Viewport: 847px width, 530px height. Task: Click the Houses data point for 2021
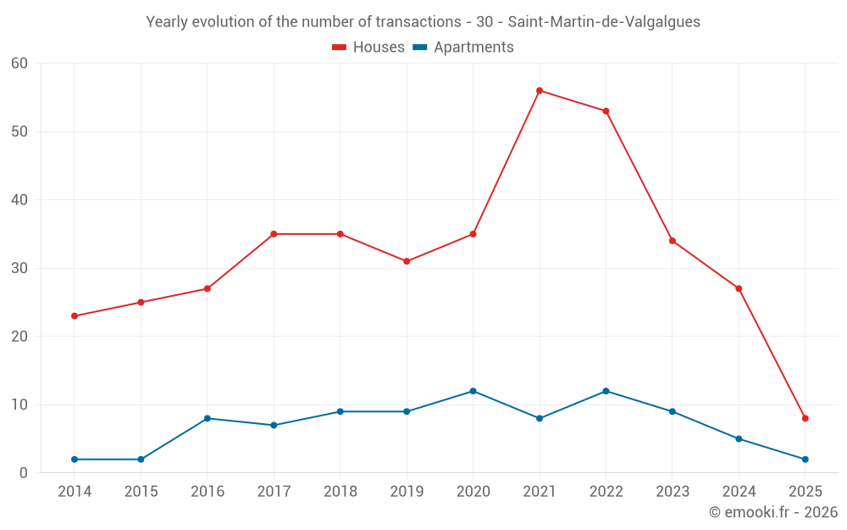coord(540,91)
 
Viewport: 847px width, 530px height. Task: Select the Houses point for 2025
coord(805,418)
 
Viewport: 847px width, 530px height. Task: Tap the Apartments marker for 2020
coord(473,391)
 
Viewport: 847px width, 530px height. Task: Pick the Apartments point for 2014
coord(75,460)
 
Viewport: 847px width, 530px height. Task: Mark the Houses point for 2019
coord(407,261)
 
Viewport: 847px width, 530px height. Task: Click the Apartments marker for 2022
coord(606,391)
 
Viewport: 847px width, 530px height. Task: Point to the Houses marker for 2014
coord(75,316)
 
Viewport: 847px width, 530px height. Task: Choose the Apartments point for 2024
coord(739,439)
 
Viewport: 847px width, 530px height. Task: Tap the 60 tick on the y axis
coord(20,64)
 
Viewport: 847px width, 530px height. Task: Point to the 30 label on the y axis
coord(20,269)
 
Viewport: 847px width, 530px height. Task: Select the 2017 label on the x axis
coord(274,492)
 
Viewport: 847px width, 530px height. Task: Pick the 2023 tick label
coord(673,492)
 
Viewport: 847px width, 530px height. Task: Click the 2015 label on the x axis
coord(141,492)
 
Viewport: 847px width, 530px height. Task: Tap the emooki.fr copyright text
coord(772,512)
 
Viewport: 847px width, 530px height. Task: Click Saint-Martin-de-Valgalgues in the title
coord(604,22)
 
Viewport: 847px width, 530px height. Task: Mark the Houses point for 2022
coord(606,111)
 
